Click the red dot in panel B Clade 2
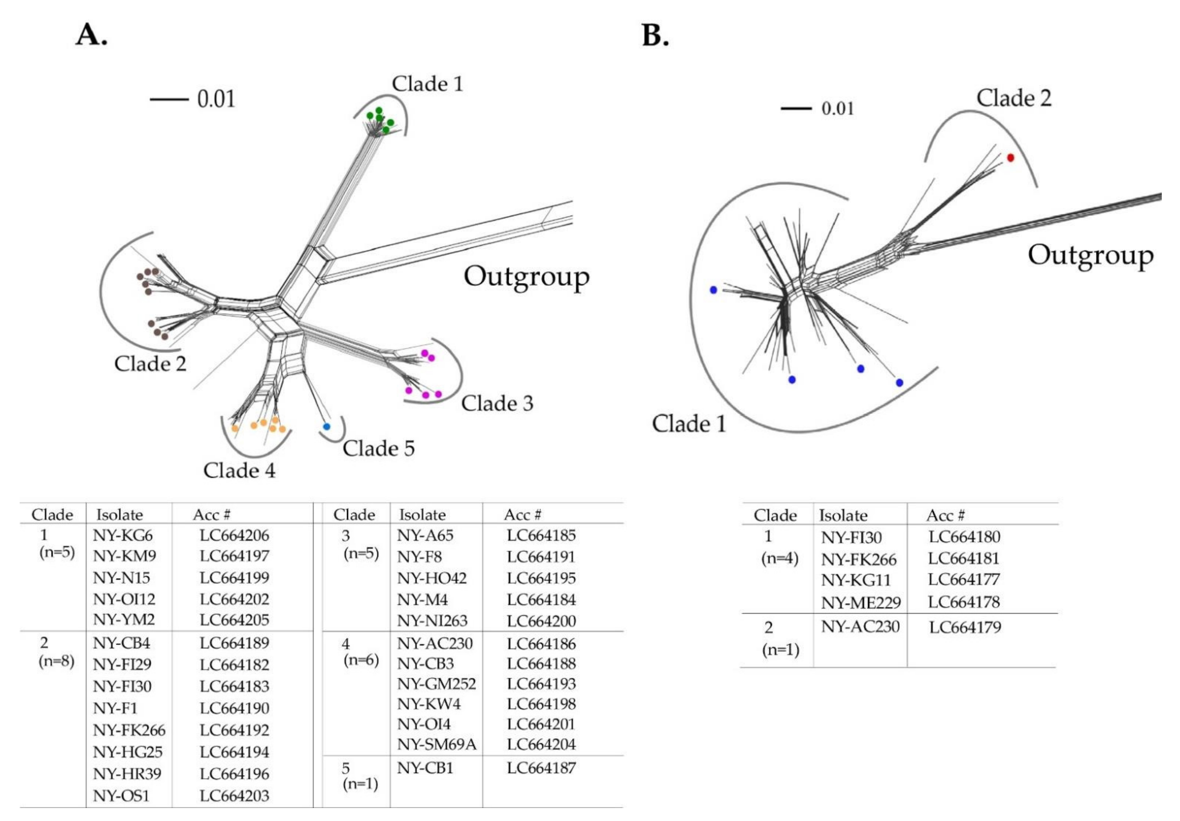pyautogui.click(x=1011, y=158)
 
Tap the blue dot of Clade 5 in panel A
pyautogui.click(x=326, y=427)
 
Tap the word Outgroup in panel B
pyautogui.click(x=1090, y=255)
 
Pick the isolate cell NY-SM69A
pyautogui.click(x=436, y=744)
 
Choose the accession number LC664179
pyautogui.click(x=965, y=627)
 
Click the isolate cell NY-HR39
pyautogui.click(x=127, y=774)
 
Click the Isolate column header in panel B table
pyautogui.click(x=843, y=515)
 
